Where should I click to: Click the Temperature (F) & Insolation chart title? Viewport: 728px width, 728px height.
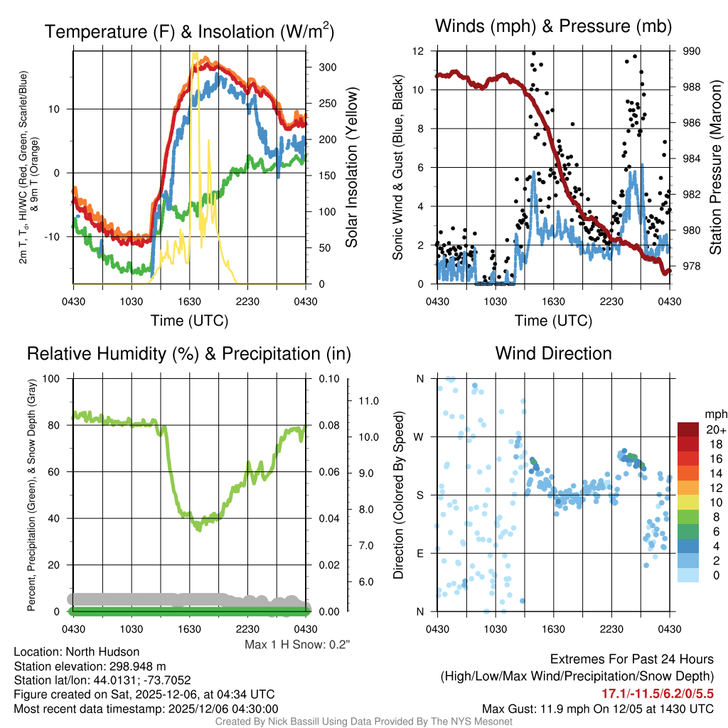tap(189, 31)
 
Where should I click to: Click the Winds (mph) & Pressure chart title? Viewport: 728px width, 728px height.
tap(553, 27)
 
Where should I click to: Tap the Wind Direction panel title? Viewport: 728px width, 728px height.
tap(553, 353)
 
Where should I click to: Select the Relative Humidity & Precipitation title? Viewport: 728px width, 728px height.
tap(188, 353)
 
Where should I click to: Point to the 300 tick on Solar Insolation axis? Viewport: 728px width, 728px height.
tap(328, 67)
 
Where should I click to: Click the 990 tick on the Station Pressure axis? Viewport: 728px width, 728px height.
tap(692, 51)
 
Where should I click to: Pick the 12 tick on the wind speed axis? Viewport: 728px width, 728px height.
tap(419, 51)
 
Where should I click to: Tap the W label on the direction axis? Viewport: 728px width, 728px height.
tap(419, 437)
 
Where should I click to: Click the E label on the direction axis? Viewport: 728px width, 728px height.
tap(419, 553)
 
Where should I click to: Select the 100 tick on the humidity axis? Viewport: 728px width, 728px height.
tap(53, 378)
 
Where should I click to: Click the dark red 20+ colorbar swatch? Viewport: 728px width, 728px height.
tap(689, 429)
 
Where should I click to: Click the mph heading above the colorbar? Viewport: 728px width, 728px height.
tap(714, 414)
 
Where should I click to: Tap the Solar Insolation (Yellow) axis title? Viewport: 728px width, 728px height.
tap(351, 168)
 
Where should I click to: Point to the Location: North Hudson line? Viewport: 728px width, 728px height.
tap(77, 651)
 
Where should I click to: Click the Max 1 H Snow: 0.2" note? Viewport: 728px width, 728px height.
tap(297, 644)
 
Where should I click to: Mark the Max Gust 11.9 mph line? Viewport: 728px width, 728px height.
tap(598, 708)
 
